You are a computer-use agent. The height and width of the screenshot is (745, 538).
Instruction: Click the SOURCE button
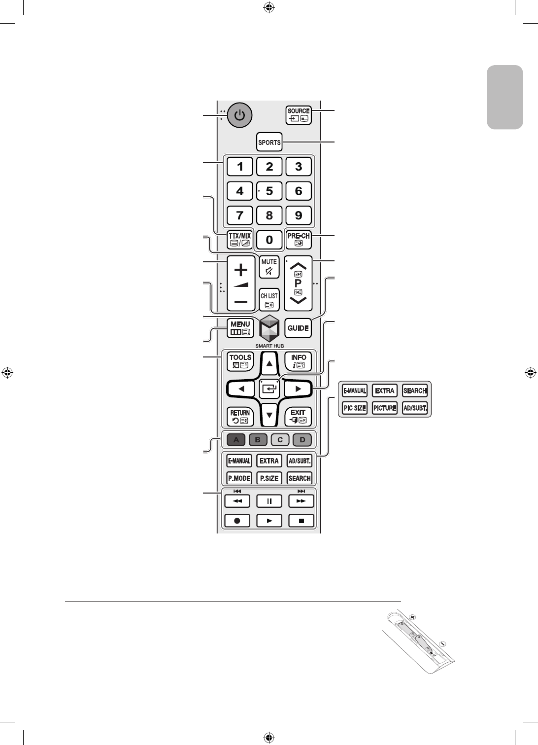299,115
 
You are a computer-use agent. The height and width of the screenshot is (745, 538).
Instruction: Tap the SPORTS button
269,142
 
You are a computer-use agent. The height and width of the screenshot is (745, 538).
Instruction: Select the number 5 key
269,191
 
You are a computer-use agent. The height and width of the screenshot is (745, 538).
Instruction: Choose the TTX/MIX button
239,240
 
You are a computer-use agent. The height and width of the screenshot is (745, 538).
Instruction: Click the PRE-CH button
299,240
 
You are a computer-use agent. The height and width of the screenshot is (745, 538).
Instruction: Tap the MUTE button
269,267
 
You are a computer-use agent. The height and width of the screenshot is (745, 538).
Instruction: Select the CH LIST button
269,299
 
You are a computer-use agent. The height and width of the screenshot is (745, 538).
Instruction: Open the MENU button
240,328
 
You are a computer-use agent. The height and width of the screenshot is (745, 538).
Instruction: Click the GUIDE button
298,328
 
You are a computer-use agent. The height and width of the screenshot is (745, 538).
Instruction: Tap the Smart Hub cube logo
269,328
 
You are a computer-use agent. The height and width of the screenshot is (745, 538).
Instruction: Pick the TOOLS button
240,361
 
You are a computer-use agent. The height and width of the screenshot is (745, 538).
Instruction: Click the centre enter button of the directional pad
269,389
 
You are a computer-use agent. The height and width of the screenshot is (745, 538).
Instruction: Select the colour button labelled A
236,440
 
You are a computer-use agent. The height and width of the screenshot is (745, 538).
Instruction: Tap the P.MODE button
239,478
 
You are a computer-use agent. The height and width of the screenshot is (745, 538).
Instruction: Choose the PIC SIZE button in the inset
355,408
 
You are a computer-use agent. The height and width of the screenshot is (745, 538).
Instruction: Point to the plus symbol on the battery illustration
412,617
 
